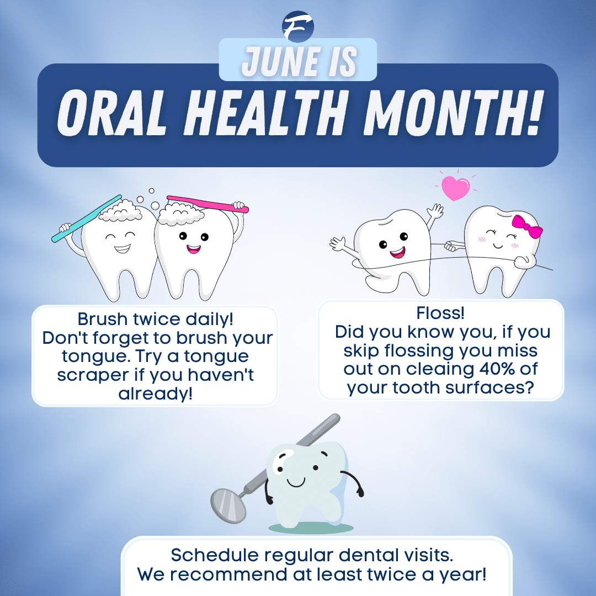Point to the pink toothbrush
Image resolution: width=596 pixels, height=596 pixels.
point(207,203)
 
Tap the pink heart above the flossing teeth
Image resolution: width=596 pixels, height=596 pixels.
point(455,188)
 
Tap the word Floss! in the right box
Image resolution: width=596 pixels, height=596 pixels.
point(440,313)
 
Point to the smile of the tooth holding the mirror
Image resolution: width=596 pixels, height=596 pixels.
point(297,482)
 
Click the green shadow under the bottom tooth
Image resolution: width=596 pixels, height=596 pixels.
point(312,528)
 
